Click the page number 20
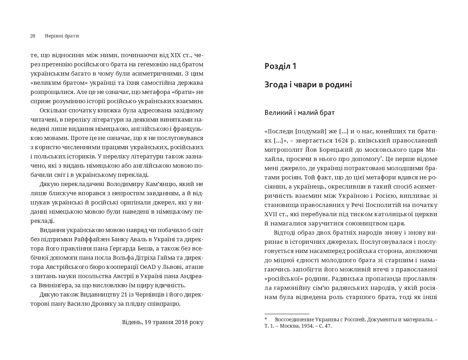(32, 36)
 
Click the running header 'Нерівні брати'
(62, 36)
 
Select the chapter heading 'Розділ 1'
(280, 66)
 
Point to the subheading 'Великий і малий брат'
(299, 113)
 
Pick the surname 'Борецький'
(334, 150)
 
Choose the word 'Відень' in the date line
(130, 322)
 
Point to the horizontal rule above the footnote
(287, 314)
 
